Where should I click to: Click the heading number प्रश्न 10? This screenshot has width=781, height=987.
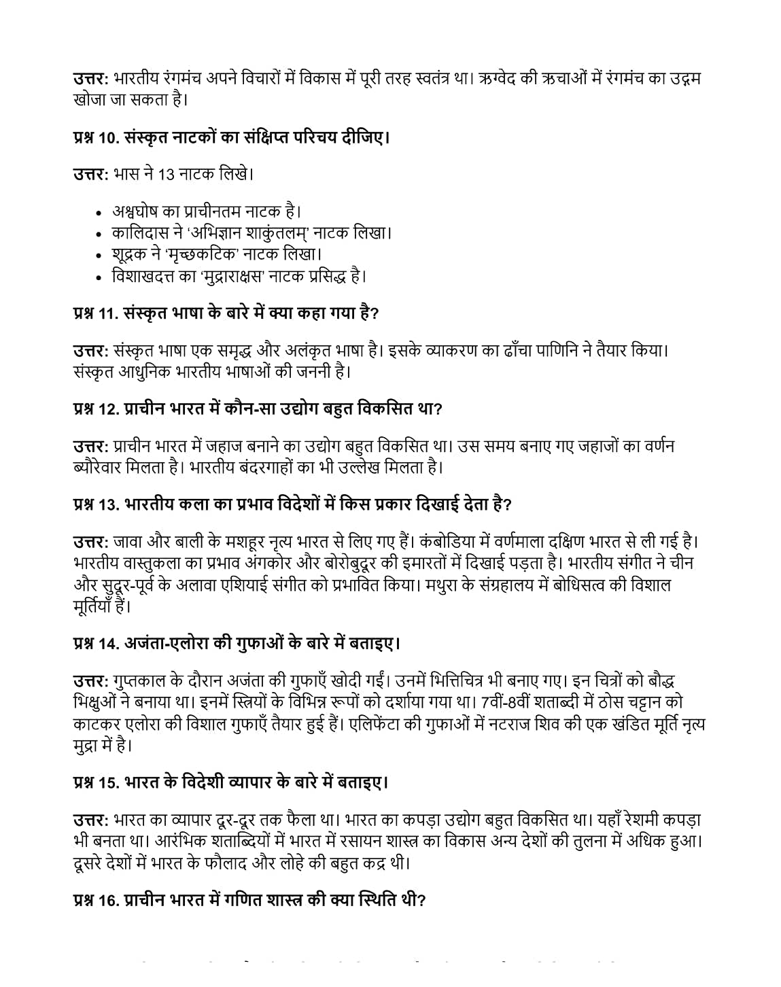click(97, 138)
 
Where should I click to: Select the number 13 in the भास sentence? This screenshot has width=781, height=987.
click(166, 175)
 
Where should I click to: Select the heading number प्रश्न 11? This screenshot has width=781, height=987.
click(97, 314)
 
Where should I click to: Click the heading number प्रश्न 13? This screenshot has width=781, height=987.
click(97, 505)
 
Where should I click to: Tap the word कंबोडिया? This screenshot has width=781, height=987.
click(450, 542)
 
